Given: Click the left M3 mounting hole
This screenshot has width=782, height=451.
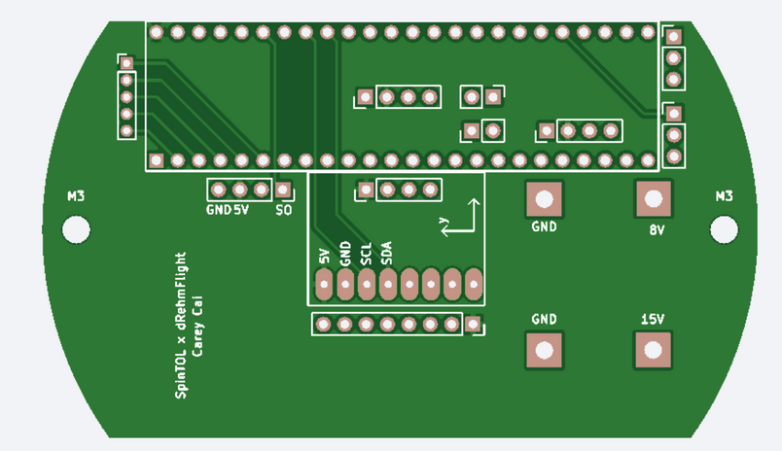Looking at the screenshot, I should [76, 229].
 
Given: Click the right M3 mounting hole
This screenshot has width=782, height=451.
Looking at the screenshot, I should [724, 228].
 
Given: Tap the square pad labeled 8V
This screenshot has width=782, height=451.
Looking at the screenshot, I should [654, 199].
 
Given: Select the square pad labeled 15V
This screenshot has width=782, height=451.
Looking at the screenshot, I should [653, 350].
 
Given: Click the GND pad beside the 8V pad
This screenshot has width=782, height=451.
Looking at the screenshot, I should [544, 199].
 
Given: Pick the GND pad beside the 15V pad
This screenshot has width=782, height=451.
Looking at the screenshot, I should [544, 350].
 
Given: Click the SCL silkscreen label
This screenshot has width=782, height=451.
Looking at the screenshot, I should [367, 255].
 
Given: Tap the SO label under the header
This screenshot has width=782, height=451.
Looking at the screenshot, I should [284, 210].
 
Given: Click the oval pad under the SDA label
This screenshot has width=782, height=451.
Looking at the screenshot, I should [387, 285].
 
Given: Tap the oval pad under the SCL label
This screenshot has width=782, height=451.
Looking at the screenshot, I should [367, 285].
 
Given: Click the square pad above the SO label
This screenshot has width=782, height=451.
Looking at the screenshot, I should [283, 190].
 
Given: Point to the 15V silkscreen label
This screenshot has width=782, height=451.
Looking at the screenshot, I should [653, 320].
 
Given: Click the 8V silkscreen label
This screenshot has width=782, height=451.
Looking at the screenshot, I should [657, 231].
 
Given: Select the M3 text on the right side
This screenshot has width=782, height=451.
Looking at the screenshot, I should [724, 196].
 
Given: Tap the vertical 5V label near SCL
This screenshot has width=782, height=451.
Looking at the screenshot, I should [325, 257].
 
